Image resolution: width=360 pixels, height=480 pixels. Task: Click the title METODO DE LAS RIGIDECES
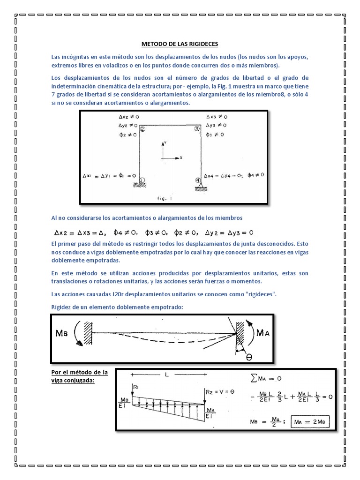180,45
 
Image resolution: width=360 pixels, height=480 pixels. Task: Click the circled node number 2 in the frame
142,129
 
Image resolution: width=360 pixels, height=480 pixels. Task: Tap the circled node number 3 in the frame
197,129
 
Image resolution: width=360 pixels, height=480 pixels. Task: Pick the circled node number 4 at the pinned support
197,180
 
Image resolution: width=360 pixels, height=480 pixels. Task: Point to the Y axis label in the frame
165,141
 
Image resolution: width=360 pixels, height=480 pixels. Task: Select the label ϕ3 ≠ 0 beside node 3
216,135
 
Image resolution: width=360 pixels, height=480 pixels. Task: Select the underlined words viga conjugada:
72,380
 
